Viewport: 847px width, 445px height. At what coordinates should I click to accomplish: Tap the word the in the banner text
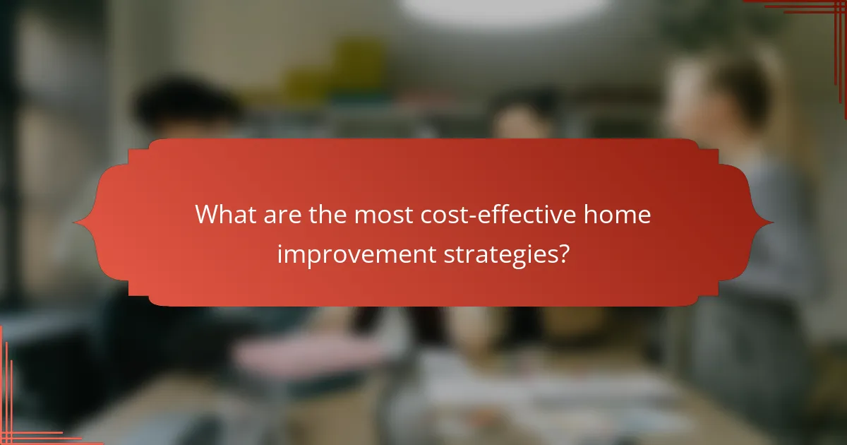coord(327,214)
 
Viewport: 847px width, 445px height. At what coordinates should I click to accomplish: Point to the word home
coord(615,214)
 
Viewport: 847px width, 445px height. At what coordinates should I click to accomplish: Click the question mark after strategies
coord(563,253)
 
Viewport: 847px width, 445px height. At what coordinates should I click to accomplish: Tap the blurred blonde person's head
coord(713,92)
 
